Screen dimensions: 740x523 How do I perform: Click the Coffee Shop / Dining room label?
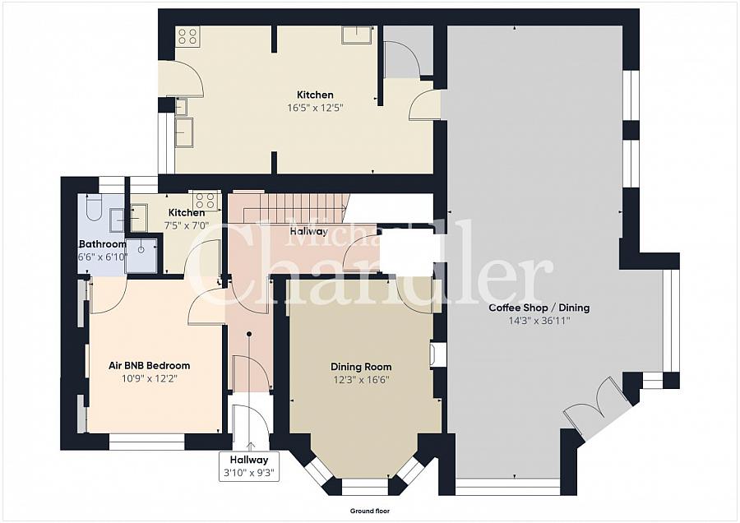(539, 308)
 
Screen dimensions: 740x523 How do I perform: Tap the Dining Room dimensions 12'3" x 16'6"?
(361, 380)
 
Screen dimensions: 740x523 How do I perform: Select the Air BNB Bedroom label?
(149, 365)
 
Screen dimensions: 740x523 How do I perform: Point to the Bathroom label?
(103, 244)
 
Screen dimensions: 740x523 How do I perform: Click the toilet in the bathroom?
(94, 208)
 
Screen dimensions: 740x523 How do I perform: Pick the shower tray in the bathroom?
(141, 256)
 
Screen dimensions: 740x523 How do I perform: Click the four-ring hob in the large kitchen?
(187, 36)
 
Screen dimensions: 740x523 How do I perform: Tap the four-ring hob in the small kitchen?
(206, 200)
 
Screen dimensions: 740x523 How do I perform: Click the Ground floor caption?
(370, 511)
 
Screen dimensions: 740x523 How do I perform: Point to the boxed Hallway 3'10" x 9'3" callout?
(249, 466)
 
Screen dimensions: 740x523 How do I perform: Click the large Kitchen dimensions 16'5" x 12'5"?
(315, 108)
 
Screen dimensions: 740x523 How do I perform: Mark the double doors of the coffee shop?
(597, 406)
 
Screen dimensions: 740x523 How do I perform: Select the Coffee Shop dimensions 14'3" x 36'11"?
(539, 321)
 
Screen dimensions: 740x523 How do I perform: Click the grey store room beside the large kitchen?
(408, 51)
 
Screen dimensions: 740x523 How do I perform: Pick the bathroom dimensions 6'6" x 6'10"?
(103, 257)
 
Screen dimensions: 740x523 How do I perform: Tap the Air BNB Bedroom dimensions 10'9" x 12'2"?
(149, 378)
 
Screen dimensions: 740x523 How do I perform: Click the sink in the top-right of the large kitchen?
(357, 35)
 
